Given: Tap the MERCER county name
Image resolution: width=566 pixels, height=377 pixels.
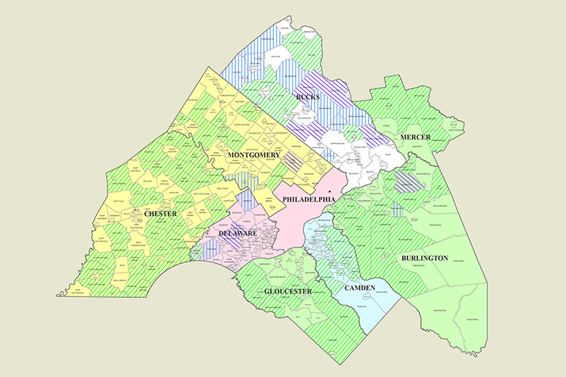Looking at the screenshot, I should (415, 138).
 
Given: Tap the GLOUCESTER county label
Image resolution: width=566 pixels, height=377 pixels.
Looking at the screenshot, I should (287, 291).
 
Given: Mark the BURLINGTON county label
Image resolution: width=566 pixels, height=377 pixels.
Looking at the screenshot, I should (424, 258).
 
